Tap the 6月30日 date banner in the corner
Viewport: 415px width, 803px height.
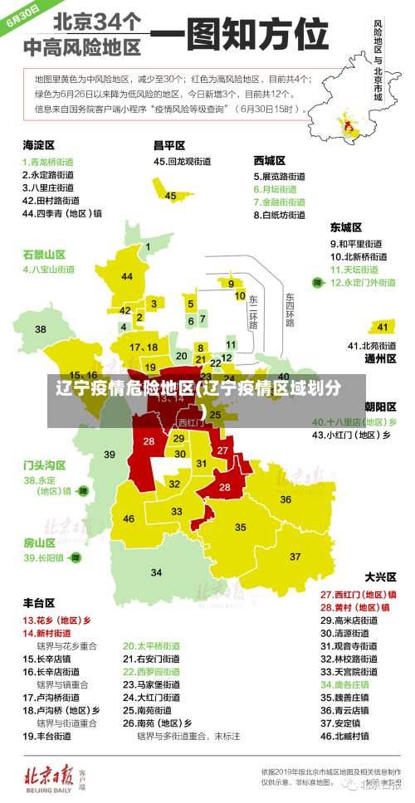[x=23, y=16]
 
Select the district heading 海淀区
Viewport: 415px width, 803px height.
[x=38, y=144]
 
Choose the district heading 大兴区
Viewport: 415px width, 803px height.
[x=381, y=576]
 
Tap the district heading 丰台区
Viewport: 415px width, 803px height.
[x=39, y=602]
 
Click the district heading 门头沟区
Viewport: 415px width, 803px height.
[x=44, y=465]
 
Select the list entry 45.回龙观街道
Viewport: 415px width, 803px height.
[x=185, y=161]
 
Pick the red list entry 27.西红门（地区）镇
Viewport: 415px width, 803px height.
[x=358, y=594]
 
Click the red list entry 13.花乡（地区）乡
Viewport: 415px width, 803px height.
[x=56, y=620]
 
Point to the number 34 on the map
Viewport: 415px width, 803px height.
[x=156, y=572]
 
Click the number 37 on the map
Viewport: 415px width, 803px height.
[x=295, y=556]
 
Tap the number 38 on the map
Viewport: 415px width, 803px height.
[x=41, y=329]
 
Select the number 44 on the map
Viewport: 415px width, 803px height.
[x=127, y=276]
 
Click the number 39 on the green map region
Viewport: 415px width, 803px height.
[x=110, y=454]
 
